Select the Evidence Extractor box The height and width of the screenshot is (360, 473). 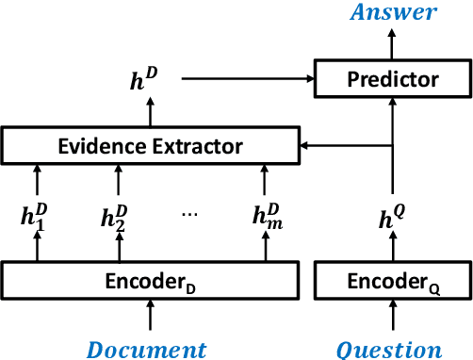pyautogui.click(x=149, y=146)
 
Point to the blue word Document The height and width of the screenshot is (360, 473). pyautogui.click(x=146, y=349)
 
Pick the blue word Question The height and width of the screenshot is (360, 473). pyautogui.click(x=390, y=349)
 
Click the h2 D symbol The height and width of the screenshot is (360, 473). pyautogui.click(x=118, y=218)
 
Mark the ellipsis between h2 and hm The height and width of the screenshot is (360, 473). pyautogui.click(x=191, y=214)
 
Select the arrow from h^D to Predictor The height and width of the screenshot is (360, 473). pyautogui.click(x=245, y=79)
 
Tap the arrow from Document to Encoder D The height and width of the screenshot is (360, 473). pyautogui.click(x=149, y=316)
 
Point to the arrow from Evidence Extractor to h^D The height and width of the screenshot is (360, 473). pyautogui.click(x=149, y=113)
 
